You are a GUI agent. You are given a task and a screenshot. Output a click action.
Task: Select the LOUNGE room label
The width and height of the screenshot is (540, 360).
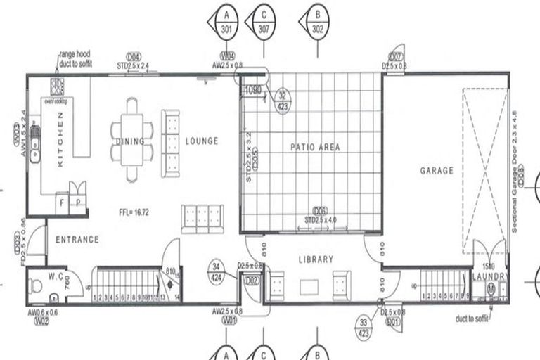[202, 141]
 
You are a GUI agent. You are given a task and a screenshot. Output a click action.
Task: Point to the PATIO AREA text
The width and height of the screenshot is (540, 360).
[315, 148]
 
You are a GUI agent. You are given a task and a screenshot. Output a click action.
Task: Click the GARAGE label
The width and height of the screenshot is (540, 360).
[437, 170]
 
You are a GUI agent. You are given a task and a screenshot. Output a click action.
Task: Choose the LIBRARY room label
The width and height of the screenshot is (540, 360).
[316, 259]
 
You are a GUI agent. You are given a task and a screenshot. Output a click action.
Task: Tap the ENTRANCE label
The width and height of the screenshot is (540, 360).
[77, 240]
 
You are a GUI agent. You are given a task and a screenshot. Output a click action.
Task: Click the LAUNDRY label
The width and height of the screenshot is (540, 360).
[489, 277]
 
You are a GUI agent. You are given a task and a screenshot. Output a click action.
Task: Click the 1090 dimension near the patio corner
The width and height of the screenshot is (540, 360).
[252, 90]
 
